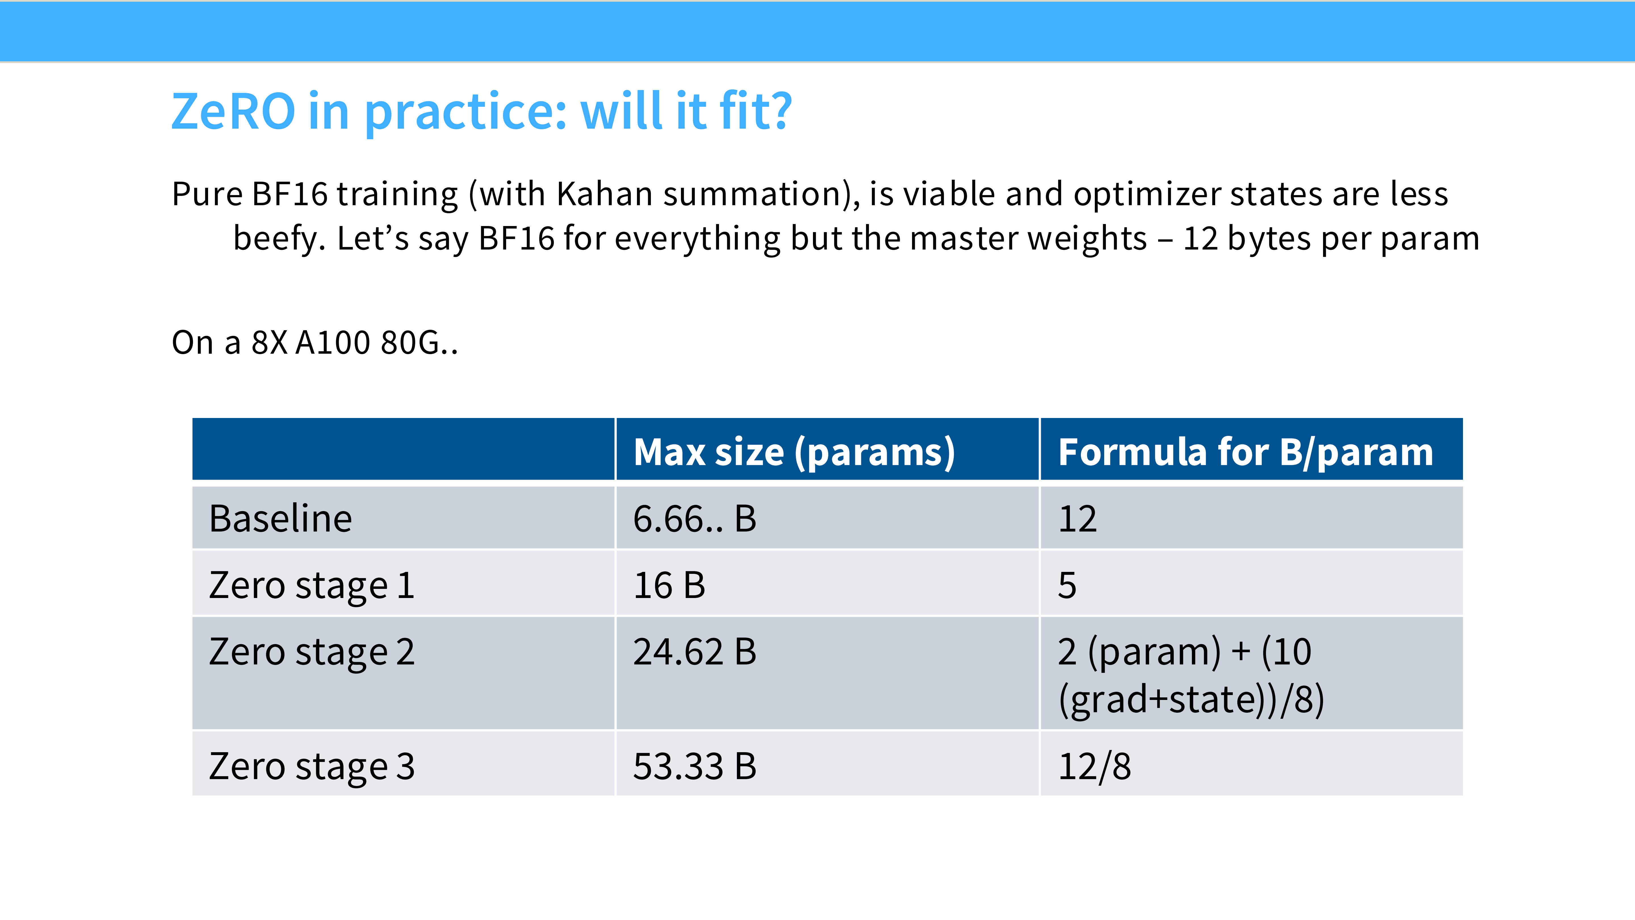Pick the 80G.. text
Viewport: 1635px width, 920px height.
coord(420,343)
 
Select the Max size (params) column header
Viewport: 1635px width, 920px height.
coord(794,453)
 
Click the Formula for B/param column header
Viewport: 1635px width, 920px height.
coord(1245,453)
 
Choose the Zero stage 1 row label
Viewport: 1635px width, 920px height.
coord(312,586)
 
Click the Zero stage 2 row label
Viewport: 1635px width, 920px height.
coord(312,652)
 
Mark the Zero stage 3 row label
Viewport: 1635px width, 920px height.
coord(312,766)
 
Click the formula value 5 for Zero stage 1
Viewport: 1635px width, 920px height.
coord(1067,586)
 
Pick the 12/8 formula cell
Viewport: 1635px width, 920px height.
coord(1094,766)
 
